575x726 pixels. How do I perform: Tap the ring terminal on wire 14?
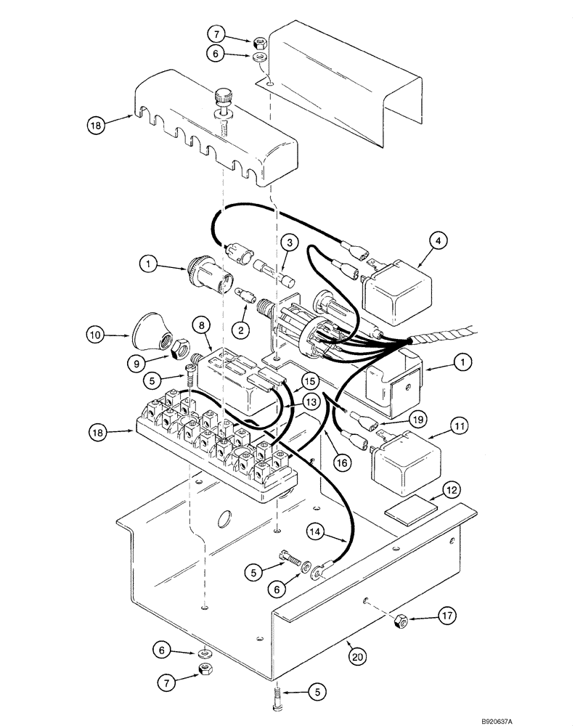coord(317,576)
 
